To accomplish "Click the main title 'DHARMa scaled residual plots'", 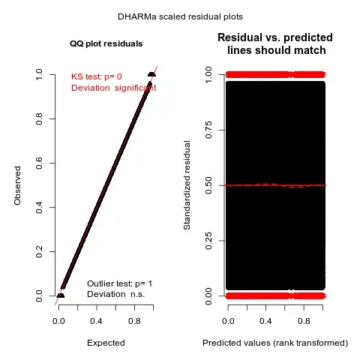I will tap(180, 16).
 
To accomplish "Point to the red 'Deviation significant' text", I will tap(113, 88).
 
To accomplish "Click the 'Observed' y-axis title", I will tap(17, 185).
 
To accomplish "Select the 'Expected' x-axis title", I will tap(105, 343).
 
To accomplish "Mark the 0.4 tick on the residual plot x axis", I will tap(265, 320).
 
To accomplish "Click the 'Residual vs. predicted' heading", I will tap(276, 37).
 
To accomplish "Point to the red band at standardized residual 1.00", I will tap(276, 74).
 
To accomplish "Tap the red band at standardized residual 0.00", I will tap(276, 295).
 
